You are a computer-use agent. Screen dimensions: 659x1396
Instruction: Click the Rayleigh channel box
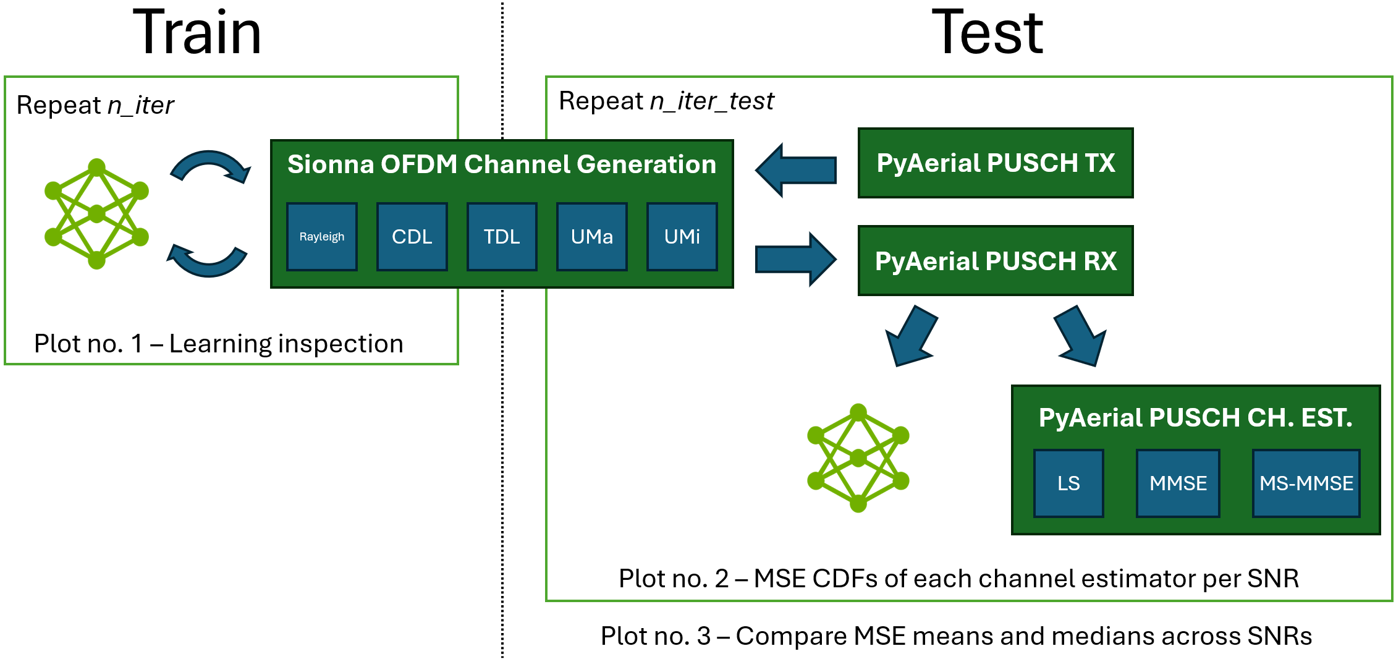pyautogui.click(x=322, y=237)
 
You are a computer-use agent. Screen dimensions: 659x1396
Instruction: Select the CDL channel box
pyautogui.click(x=412, y=237)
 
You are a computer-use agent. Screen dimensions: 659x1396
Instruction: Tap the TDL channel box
pyautogui.click(x=502, y=237)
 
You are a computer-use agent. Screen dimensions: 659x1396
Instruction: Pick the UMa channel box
pyautogui.click(x=592, y=237)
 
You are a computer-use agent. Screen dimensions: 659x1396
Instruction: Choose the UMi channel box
pyautogui.click(x=682, y=237)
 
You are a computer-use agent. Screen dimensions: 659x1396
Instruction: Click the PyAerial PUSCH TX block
pyautogui.click(x=996, y=163)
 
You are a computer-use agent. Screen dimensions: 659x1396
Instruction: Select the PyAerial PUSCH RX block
pyautogui.click(x=996, y=261)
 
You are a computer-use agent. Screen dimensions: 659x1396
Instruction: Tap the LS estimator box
pyautogui.click(x=1068, y=483)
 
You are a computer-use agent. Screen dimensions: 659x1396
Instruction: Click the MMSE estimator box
pyautogui.click(x=1178, y=483)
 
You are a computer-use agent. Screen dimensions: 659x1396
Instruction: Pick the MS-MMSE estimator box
pyautogui.click(x=1306, y=483)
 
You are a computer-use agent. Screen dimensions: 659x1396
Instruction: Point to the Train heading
pyautogui.click(x=197, y=32)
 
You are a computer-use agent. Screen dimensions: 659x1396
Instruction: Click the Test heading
pyautogui.click(x=987, y=32)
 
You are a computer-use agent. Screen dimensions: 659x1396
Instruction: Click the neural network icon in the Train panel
pyautogui.click(x=97, y=214)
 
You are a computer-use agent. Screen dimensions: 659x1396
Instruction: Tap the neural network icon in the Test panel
pyautogui.click(x=858, y=458)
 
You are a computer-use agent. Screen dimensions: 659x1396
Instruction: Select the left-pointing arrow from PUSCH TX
pyautogui.click(x=796, y=170)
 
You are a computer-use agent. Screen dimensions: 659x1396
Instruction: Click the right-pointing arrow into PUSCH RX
pyautogui.click(x=796, y=260)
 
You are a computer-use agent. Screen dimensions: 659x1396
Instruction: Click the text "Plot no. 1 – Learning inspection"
pyautogui.click(x=219, y=344)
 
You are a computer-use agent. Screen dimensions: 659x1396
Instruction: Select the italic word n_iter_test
pyautogui.click(x=712, y=101)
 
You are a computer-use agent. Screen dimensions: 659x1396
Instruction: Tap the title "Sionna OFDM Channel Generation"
pyautogui.click(x=502, y=164)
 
